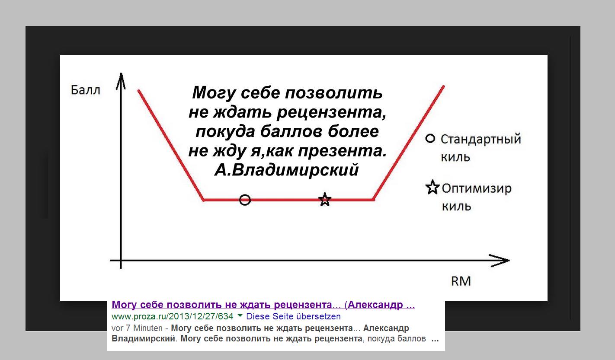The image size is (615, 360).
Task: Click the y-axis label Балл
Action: click(x=85, y=90)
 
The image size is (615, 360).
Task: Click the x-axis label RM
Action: click(x=461, y=281)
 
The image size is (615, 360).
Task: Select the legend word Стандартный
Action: click(x=481, y=139)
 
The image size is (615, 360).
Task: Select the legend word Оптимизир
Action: click(x=477, y=188)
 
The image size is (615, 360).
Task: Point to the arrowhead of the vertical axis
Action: click(x=121, y=73)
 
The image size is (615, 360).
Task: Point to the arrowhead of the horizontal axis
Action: click(x=509, y=261)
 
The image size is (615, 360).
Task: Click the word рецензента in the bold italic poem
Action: click(x=331, y=112)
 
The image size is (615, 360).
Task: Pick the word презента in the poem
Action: click(x=343, y=151)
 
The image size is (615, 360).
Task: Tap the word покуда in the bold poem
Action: click(x=225, y=131)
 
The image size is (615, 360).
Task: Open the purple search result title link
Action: click(x=263, y=305)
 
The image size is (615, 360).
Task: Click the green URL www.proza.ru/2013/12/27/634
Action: click(x=173, y=316)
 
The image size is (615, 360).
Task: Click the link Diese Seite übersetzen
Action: click(x=293, y=316)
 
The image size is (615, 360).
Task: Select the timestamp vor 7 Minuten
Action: click(x=137, y=328)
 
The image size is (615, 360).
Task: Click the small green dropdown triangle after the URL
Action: click(x=240, y=316)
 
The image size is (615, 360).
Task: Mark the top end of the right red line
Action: click(x=443, y=87)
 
